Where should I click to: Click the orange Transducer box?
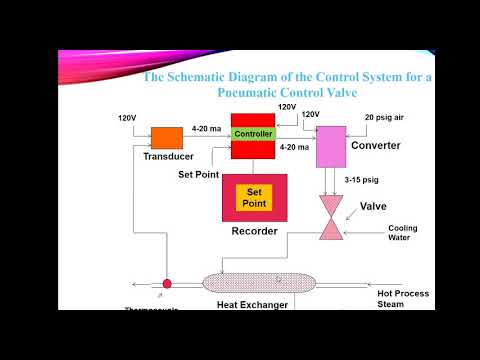click(x=166, y=137)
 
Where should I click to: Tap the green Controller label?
click(x=252, y=134)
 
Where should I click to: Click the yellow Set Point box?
click(x=253, y=198)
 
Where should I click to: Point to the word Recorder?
click(x=253, y=231)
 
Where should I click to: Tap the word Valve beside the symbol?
click(x=374, y=208)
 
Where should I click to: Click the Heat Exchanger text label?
click(x=252, y=304)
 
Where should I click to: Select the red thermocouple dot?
click(x=167, y=284)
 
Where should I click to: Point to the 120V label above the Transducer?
click(x=127, y=118)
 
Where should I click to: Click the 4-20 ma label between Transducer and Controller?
click(x=206, y=128)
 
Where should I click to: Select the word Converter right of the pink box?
click(x=376, y=146)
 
